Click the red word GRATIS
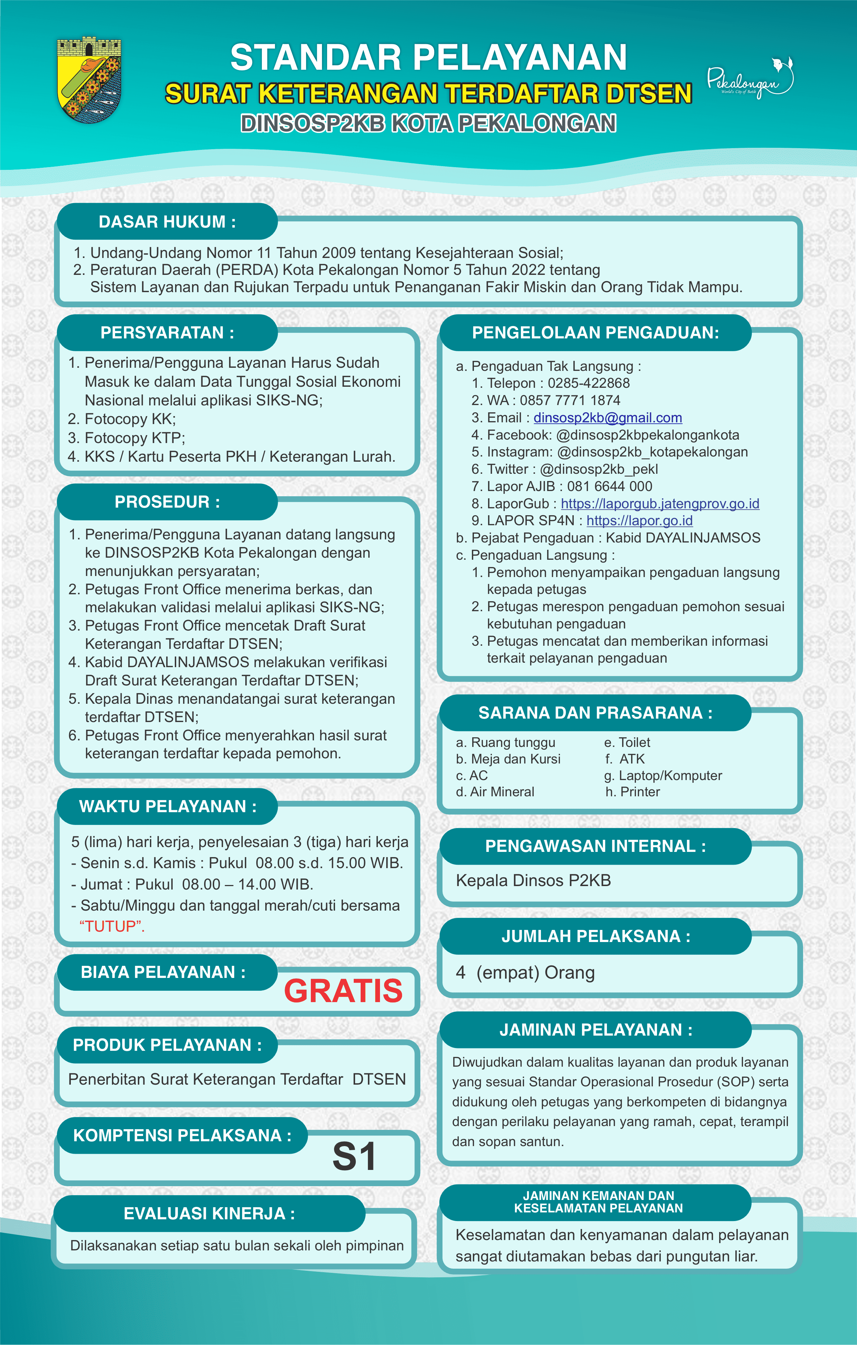pos(343,991)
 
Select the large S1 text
pos(354,1156)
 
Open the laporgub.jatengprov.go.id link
pos(660,504)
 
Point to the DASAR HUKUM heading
pos(167,222)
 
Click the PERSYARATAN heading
pos(167,333)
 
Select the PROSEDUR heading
pos(167,502)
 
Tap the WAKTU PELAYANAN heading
pos(168,807)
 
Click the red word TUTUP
pos(112,926)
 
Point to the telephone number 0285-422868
pos(588,383)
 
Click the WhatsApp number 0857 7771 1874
pos(570,401)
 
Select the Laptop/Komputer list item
pos(670,776)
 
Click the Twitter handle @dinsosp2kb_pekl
pos(599,469)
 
